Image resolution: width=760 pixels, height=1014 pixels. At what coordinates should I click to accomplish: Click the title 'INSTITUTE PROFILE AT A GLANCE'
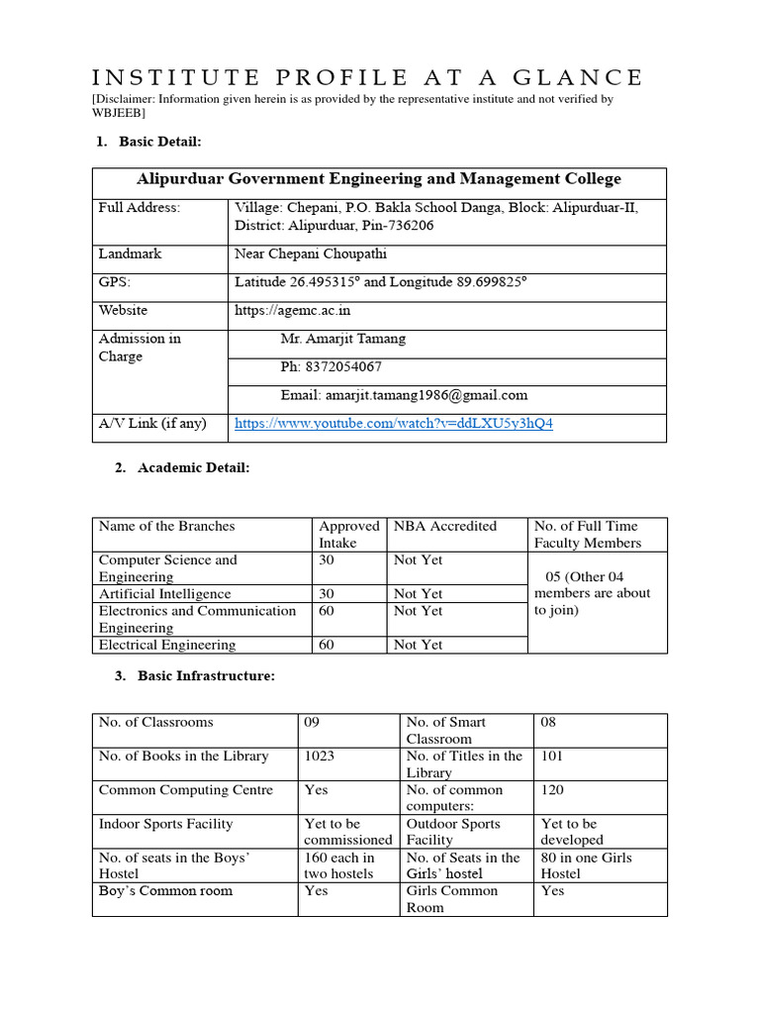pos(367,77)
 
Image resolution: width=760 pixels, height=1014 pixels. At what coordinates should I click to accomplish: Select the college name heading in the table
pos(378,179)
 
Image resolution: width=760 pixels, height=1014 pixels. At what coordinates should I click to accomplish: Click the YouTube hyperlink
pos(393,424)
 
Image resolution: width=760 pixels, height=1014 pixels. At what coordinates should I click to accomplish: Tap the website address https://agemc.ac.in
pos(292,310)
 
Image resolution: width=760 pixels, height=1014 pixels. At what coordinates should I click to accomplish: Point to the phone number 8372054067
pos(331,366)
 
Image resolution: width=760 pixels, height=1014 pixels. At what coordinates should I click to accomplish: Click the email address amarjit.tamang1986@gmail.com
pos(404,394)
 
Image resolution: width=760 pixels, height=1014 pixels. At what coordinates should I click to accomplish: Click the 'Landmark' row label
pos(130,254)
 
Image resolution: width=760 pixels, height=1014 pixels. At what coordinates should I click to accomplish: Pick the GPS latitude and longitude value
pos(380,282)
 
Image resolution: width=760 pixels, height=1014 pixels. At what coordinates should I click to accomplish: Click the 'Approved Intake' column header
pos(348,535)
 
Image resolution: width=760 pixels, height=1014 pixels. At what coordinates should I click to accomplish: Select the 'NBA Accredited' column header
pos(444,527)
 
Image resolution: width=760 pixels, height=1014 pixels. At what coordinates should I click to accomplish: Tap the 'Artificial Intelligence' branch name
pos(164,594)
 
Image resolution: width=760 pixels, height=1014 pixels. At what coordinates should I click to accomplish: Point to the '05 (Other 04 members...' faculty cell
pos(592,593)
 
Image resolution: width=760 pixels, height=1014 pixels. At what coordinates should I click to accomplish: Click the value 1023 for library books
pos(319,757)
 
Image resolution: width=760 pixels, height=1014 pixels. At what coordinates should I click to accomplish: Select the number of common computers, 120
pos(555,790)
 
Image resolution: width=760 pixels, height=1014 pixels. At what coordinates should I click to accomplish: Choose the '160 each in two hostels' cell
pos(339,865)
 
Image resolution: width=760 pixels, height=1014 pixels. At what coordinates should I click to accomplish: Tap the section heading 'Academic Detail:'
pos(184,468)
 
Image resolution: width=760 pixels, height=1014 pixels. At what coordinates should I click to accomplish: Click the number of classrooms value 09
pos(313,723)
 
